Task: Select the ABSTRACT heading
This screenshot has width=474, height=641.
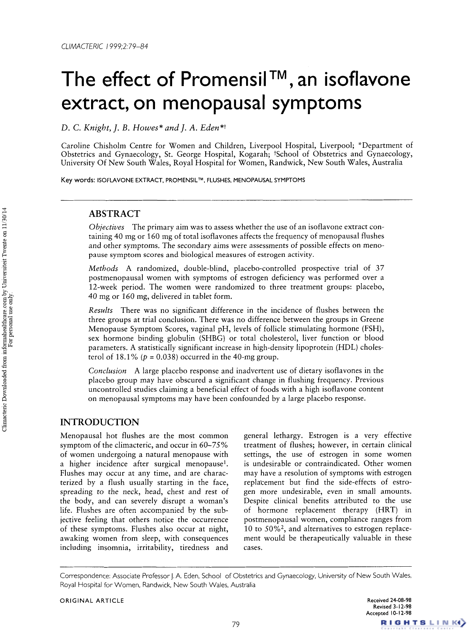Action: tap(114, 214)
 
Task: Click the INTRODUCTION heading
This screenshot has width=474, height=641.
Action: tap(100, 422)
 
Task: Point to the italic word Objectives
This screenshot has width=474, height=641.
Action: tap(106, 227)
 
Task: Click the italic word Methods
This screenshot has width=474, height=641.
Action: tap(103, 268)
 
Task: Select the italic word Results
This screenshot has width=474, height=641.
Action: tap(101, 310)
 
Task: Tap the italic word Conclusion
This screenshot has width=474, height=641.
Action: tap(107, 371)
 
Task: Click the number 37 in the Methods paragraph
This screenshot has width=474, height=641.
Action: tap(380, 268)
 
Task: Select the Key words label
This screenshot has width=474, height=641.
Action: tap(78, 180)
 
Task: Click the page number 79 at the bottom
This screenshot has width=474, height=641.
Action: tap(236, 625)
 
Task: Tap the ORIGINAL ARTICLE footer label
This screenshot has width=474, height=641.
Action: tap(92, 600)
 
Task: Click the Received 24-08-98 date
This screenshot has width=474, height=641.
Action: tap(389, 600)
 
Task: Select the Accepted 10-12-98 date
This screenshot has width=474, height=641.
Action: tap(388, 613)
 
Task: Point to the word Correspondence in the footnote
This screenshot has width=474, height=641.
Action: tap(85, 576)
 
